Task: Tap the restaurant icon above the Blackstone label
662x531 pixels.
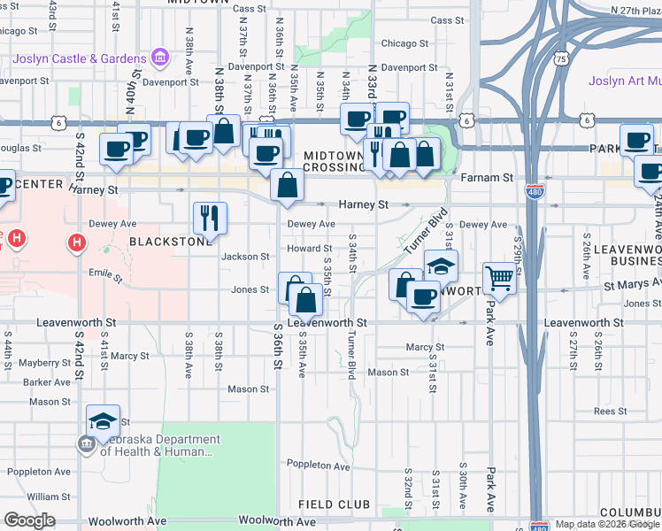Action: (x=210, y=217)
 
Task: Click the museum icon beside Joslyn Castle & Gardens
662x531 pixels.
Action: (x=160, y=58)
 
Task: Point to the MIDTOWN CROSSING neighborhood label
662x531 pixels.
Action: (x=334, y=161)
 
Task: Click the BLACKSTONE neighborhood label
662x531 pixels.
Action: (x=171, y=241)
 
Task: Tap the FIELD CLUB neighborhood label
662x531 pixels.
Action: (x=333, y=504)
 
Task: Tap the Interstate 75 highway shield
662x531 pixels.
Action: (x=559, y=58)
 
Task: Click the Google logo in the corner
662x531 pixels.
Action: (x=29, y=520)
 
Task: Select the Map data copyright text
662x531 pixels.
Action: (x=607, y=524)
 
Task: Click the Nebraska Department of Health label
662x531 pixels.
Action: (x=158, y=445)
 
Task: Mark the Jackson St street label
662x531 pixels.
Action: (x=245, y=257)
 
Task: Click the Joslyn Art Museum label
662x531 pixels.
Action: (x=625, y=81)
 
